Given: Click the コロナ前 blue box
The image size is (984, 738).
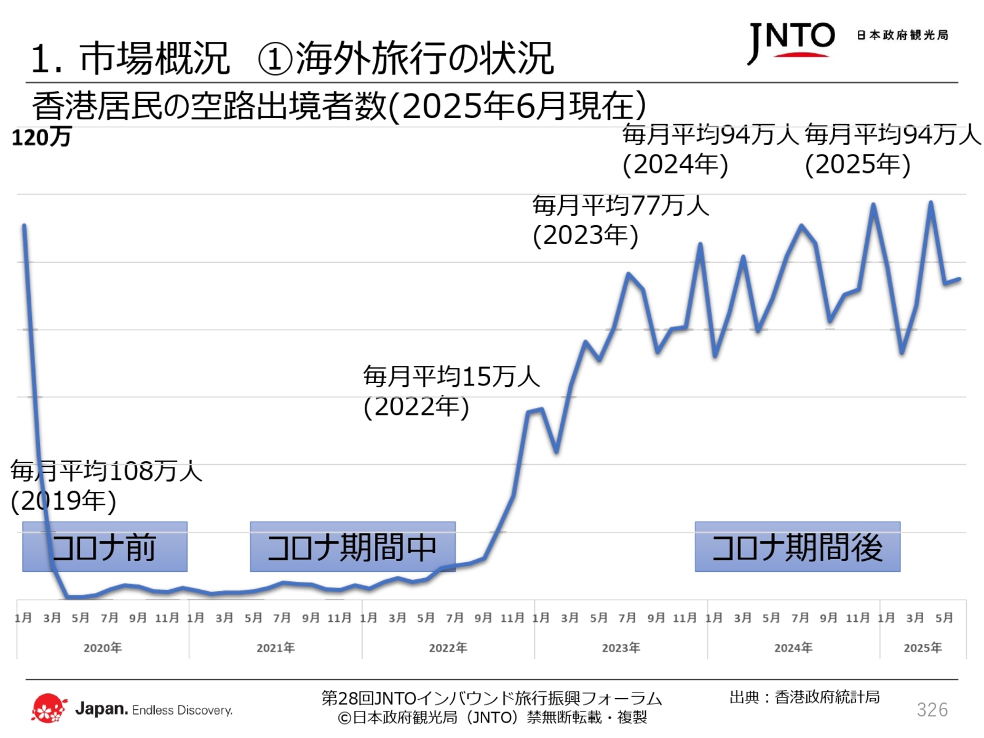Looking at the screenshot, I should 105,547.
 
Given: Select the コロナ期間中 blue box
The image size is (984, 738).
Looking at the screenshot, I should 352,547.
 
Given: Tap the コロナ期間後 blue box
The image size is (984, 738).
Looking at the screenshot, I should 797,547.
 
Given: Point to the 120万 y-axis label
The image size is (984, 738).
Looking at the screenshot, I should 41,137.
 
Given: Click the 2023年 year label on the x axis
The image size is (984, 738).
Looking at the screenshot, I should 621,648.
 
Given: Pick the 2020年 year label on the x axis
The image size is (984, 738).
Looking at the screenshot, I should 103,648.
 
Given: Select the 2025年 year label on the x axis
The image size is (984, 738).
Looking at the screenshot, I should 922,648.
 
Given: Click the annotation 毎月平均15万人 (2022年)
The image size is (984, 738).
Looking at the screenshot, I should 451,391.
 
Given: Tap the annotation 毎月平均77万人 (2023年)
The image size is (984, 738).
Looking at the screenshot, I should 620,220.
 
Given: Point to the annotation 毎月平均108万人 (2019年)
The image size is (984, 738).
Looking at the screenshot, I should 106,486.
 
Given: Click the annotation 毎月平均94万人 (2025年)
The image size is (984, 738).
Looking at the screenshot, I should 892,149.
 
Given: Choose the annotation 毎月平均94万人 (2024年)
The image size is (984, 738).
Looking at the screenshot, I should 709,149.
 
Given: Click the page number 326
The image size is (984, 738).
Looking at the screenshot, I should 932,710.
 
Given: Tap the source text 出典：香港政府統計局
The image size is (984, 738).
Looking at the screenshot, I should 804,697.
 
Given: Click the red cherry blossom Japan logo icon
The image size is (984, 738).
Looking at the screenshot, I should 49,708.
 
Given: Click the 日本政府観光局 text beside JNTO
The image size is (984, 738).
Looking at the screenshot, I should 902,36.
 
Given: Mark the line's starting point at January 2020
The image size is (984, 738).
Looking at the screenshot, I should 24,226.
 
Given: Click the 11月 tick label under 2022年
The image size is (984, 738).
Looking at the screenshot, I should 512,617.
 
